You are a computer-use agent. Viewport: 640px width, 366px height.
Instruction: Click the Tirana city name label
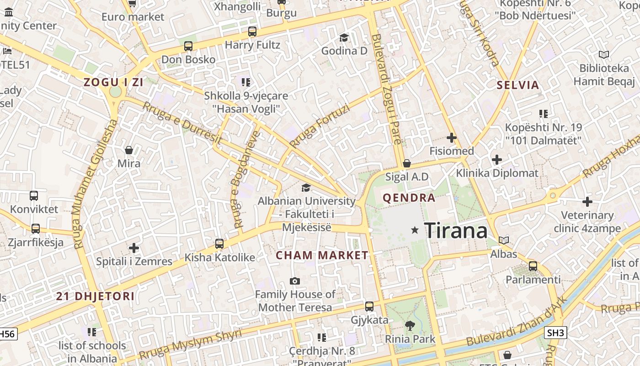coord(456,230)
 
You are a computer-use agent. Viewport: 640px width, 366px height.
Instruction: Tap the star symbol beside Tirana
coord(415,230)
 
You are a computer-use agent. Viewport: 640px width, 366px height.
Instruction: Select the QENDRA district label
coord(409,198)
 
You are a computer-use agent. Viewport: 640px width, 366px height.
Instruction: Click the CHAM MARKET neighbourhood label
coord(322,255)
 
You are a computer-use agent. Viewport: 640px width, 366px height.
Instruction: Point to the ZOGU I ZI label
coord(113,82)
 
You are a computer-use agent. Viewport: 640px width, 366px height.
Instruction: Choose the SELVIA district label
coord(518,85)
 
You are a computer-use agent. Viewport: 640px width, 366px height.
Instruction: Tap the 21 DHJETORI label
coord(96,296)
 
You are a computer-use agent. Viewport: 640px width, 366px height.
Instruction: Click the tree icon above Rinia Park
coord(410,326)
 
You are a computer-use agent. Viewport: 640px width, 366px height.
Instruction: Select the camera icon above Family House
coord(295,281)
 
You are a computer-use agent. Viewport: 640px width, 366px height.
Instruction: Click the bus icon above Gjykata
coord(369,307)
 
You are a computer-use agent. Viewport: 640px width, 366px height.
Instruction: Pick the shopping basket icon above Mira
coord(129,150)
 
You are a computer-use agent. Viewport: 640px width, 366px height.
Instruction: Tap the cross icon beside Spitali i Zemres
coord(133,248)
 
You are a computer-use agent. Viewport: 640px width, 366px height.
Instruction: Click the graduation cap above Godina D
coord(344,38)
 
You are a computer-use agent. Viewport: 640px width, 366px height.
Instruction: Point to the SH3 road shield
coord(555,333)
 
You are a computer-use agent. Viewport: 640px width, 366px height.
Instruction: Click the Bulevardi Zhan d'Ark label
coord(517,322)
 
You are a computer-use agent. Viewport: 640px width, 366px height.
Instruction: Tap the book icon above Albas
coord(504,240)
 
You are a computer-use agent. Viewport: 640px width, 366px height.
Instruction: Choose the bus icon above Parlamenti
coord(533,266)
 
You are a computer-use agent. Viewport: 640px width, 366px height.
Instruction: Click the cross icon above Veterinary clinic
coord(587,201)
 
